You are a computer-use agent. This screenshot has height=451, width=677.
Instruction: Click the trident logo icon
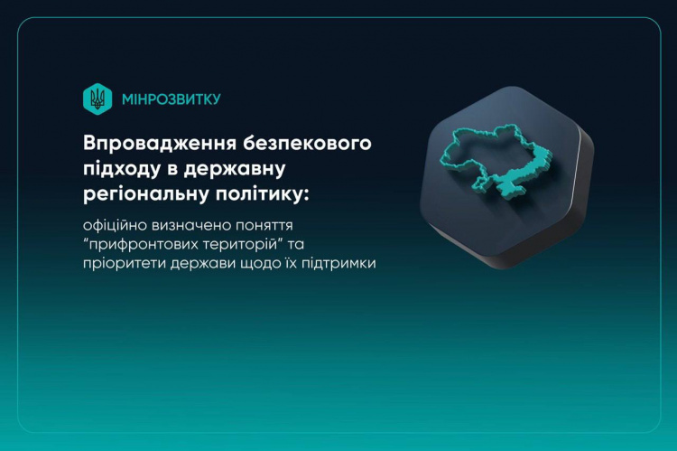click(97, 99)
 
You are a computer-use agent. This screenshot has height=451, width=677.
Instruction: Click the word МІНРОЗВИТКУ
click(171, 99)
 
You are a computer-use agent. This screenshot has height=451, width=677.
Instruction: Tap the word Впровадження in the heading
click(153, 144)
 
